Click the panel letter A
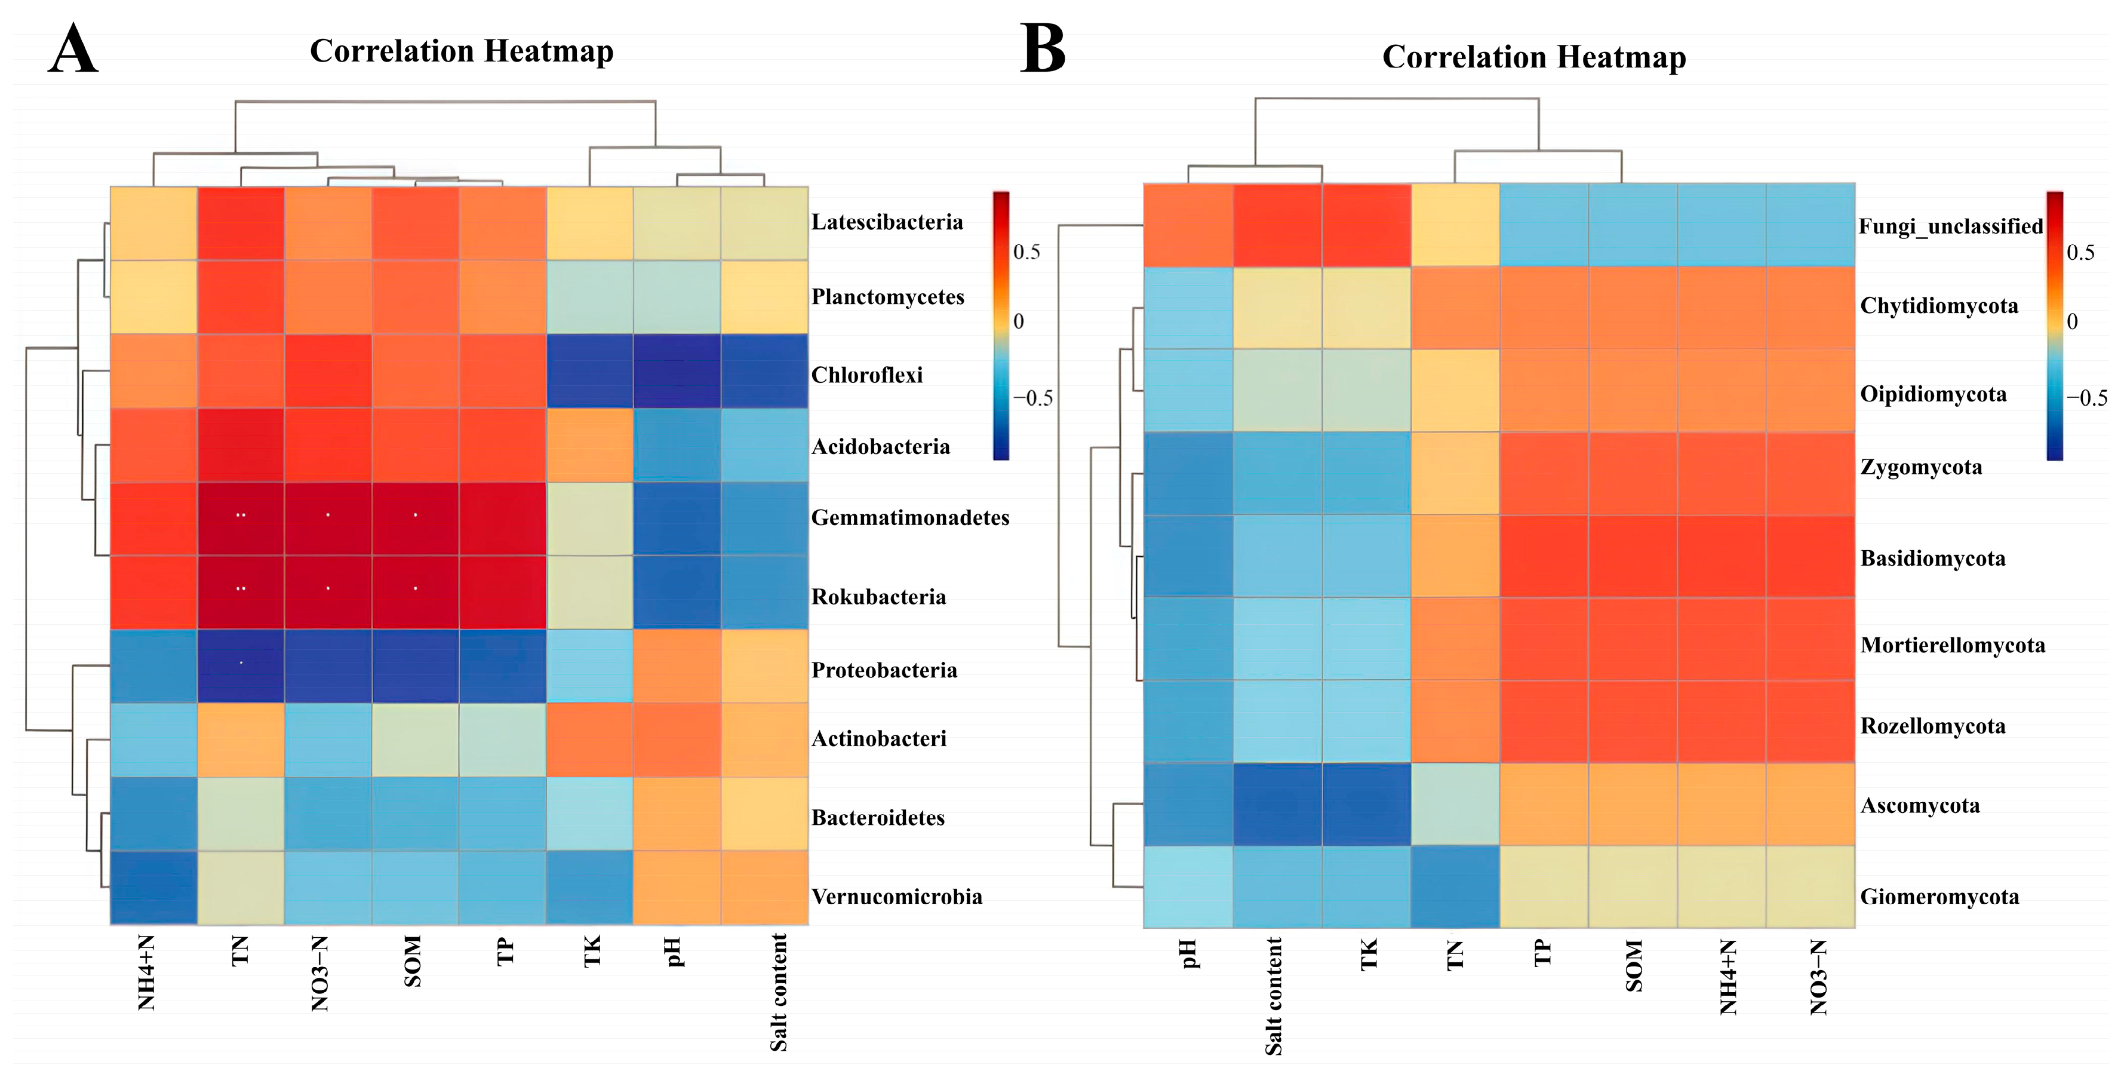coord(73,50)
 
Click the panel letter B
coord(1043,50)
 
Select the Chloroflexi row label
coord(866,375)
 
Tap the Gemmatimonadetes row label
coord(909,518)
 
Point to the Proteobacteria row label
coord(884,670)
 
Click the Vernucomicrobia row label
coord(896,897)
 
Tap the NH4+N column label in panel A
coord(147,973)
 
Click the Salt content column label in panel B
coord(1274,996)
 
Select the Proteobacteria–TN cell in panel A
coord(241,666)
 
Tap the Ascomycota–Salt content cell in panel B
coord(1277,805)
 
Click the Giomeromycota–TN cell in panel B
coord(1455,887)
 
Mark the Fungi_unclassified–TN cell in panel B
coord(1455,225)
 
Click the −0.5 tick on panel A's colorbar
coord(1032,398)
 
